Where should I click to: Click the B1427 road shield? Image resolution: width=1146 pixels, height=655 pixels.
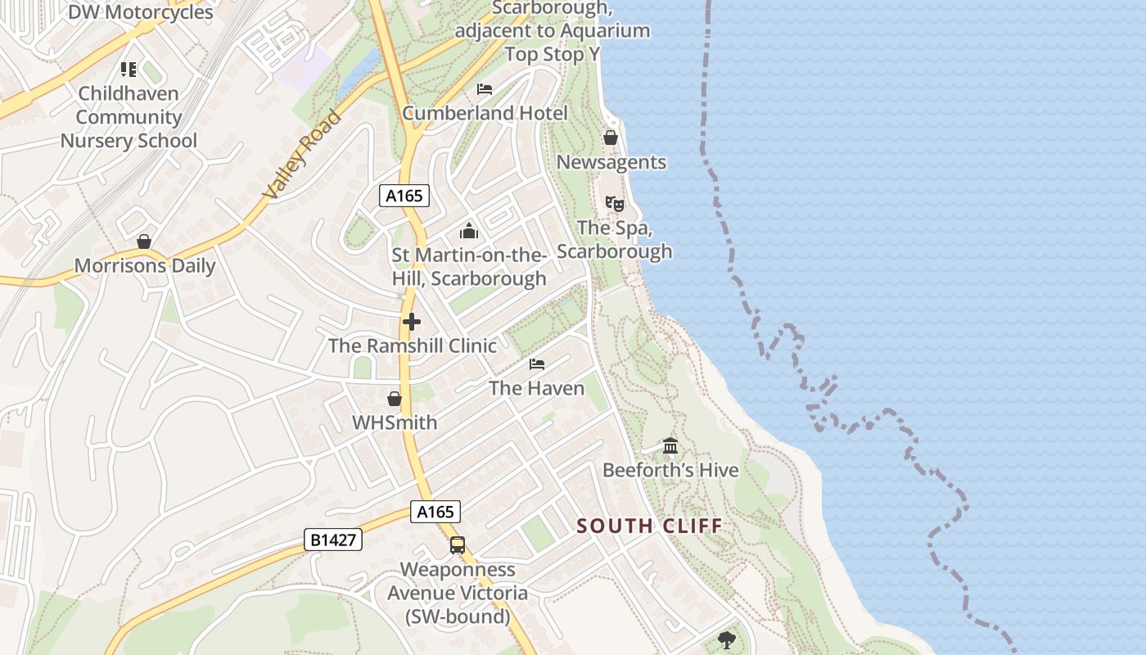pos(333,540)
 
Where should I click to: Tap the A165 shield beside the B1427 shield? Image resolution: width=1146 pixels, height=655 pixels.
pos(435,512)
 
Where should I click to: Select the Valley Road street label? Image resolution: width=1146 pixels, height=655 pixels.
pos(301,155)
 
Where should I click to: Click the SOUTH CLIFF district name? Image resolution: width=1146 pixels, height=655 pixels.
pos(650,526)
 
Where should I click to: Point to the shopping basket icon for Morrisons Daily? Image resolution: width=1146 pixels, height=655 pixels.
pos(144,242)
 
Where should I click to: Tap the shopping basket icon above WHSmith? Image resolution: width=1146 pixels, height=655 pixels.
pos(395,399)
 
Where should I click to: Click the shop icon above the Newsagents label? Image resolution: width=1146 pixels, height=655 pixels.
pos(611,138)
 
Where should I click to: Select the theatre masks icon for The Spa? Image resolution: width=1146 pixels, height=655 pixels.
pos(614,203)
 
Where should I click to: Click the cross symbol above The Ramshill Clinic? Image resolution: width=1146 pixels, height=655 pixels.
pos(412,322)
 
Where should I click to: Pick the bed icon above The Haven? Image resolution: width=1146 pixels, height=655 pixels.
pos(537,364)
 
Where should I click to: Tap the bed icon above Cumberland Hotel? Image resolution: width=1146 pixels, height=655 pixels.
pos(485,88)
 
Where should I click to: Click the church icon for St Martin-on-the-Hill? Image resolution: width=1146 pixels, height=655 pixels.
pos(469,231)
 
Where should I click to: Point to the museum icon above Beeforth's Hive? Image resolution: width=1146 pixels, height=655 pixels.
pos(670,446)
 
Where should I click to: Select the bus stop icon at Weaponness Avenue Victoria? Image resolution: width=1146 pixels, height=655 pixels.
pos(458,544)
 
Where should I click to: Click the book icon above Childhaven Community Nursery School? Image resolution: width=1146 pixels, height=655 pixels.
pos(129,70)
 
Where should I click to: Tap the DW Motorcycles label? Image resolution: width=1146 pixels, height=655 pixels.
pos(140,12)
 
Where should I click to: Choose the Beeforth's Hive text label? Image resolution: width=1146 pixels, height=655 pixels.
pos(670,470)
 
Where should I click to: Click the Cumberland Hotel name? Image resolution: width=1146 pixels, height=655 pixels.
pos(485,113)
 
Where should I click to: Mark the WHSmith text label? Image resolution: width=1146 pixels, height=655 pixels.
pos(395,422)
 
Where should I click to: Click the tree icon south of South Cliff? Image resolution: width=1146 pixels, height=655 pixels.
pos(726,640)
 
